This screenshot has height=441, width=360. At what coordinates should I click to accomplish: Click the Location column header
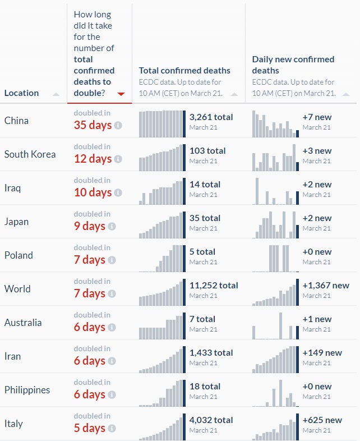[21, 93]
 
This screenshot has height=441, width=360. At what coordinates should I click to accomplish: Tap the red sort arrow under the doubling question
[121, 94]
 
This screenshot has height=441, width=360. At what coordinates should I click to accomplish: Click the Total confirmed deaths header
[184, 71]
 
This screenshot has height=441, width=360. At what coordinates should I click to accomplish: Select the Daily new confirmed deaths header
[293, 65]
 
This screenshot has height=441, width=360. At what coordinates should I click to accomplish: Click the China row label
[16, 121]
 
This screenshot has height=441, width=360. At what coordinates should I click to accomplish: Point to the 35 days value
[93, 125]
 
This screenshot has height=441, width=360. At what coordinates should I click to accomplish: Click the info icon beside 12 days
[118, 159]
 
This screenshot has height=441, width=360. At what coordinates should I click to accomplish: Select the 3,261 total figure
[211, 117]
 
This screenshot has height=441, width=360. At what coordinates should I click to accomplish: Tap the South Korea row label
[30, 154]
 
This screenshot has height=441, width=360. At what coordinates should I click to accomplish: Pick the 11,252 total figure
[213, 286]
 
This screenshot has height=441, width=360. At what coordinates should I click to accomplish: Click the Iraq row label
[12, 188]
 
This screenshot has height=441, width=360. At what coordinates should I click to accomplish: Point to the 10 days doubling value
[93, 192]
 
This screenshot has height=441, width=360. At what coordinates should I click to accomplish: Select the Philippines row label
[27, 390]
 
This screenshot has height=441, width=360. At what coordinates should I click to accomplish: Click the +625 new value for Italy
[322, 420]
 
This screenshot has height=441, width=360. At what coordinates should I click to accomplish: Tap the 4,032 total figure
[211, 420]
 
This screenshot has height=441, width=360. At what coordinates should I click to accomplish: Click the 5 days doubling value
[89, 428]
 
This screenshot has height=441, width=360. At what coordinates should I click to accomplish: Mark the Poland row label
[19, 255]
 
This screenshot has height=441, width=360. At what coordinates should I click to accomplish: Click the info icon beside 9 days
[112, 226]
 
